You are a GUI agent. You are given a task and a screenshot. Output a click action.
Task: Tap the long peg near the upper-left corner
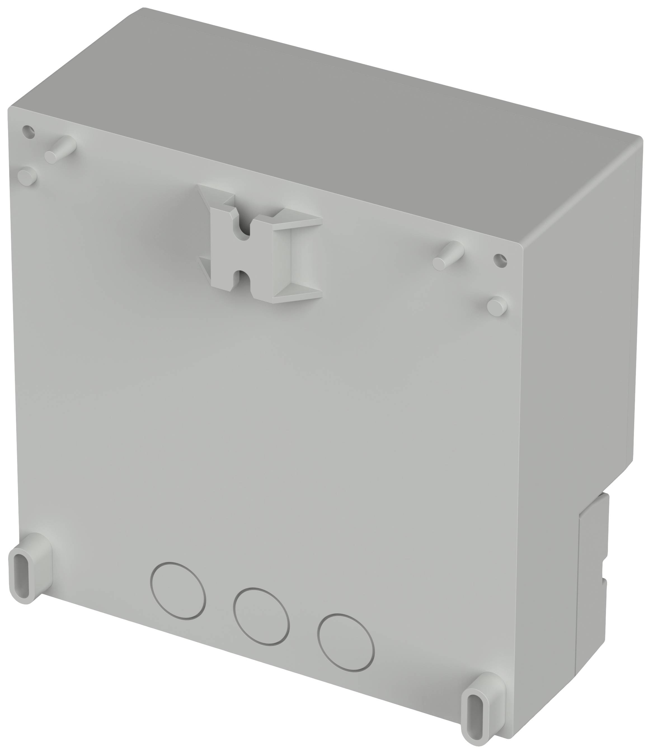tap(60, 149)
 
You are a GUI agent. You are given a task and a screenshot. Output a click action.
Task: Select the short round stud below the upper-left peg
tap(27, 177)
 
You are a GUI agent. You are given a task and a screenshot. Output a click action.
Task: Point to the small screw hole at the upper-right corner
tap(500, 260)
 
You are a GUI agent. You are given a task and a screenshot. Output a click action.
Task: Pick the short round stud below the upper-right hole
tap(497, 306)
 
